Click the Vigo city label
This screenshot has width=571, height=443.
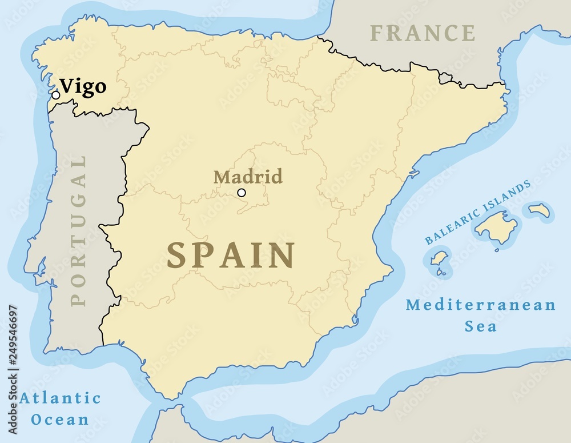[x=83, y=87]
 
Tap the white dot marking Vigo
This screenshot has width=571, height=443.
[x=55, y=95]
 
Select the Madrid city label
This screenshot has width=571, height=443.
[x=248, y=177]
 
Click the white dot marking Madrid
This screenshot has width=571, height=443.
[x=242, y=193]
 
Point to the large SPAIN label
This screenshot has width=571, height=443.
[x=230, y=255]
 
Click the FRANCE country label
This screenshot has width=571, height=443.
[x=422, y=33]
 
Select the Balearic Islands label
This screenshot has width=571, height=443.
[x=478, y=212]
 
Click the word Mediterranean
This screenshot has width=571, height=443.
[x=481, y=305]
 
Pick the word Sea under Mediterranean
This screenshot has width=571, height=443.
[x=480, y=326]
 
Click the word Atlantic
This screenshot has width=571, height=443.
[x=60, y=398]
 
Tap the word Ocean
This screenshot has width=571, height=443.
[x=60, y=420]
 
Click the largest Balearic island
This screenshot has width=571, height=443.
[x=496, y=226]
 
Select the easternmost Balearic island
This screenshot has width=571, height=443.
[x=539, y=210]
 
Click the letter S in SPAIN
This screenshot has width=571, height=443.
[x=178, y=255]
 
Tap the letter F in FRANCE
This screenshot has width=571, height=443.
[x=377, y=33]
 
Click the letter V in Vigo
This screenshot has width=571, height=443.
[x=67, y=86]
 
